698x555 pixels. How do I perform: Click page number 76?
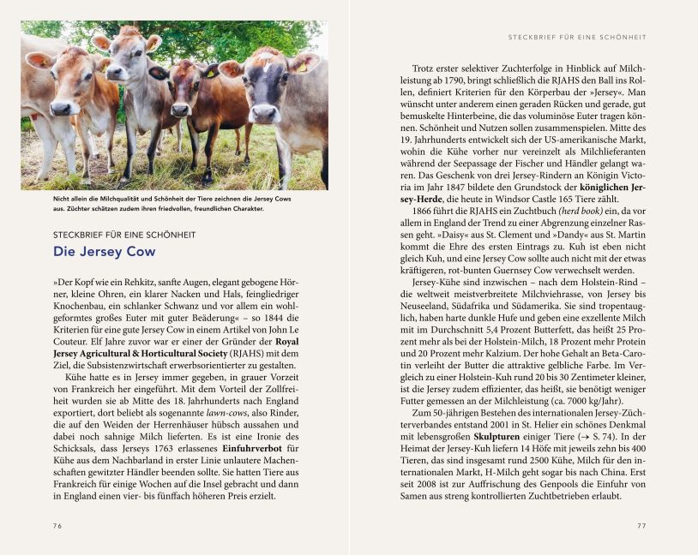click(x=57, y=526)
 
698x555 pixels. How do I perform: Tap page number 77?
click(x=641, y=526)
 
